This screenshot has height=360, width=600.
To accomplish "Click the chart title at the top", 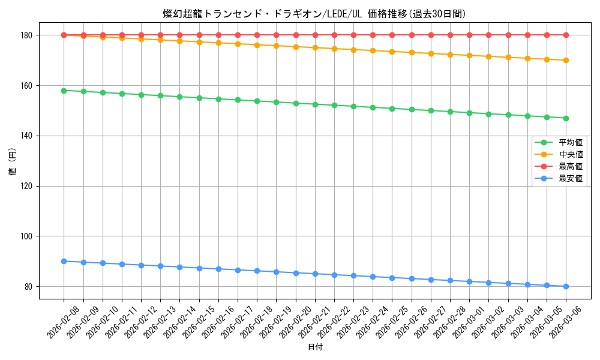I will [x=314, y=14].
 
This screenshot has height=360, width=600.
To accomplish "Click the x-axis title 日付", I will [x=315, y=347].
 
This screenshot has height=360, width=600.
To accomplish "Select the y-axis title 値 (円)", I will [x=13, y=161].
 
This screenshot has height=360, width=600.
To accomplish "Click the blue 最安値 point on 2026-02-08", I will [x=64, y=261].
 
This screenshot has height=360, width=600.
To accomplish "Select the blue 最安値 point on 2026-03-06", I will [x=566, y=286].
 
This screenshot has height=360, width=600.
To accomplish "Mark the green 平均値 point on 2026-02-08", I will [x=64, y=91].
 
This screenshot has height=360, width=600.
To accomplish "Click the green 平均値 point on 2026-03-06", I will [x=566, y=118].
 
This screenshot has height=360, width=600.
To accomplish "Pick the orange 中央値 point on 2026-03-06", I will [x=566, y=60].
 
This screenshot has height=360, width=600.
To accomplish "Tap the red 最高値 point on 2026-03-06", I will [x=566, y=35].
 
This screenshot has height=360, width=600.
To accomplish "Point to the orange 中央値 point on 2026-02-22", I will [x=334, y=49].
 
